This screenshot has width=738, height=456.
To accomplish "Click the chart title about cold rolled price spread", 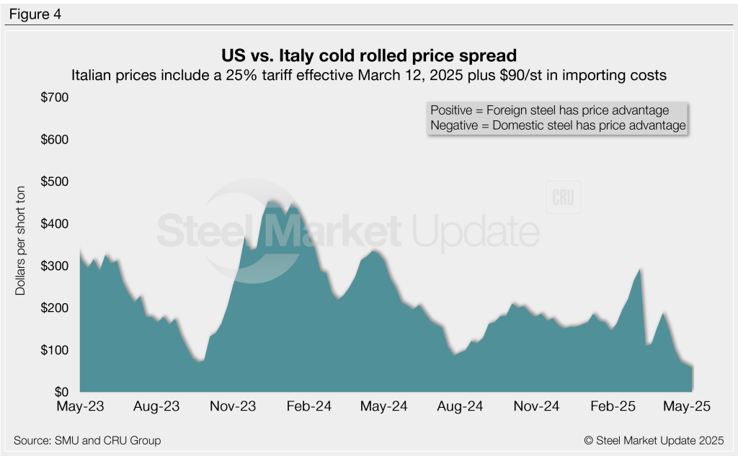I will click(x=369, y=55).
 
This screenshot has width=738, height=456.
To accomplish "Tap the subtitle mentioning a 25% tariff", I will click(x=369, y=73).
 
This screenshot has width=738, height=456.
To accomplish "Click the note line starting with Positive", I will click(x=549, y=110).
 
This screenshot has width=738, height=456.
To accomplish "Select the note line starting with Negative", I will click(x=557, y=125).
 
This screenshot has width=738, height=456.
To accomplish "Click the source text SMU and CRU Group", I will click(x=87, y=440).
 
